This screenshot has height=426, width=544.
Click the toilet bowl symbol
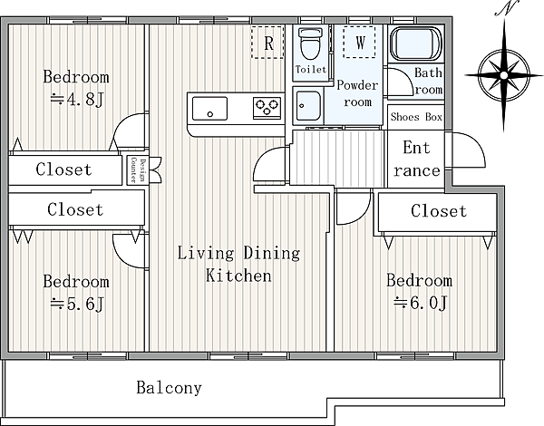point(310,44)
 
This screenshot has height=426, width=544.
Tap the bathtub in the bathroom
point(416,44)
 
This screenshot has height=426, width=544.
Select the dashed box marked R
point(267,43)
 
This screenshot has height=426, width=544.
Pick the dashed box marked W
point(359,42)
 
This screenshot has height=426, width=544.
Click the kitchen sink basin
point(210,109)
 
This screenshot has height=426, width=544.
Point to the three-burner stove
point(267,108)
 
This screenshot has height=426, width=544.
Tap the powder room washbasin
point(307,106)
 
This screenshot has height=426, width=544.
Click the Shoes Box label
point(416,117)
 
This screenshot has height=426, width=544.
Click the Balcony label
point(169,388)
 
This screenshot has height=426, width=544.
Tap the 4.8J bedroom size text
point(77,100)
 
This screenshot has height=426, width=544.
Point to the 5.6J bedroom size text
point(77,305)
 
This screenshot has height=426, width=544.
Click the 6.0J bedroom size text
point(420,303)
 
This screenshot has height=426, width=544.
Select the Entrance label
point(416,159)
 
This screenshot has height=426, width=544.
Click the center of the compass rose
point(504,75)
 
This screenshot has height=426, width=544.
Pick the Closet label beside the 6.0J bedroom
point(439,211)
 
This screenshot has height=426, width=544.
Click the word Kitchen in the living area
point(238,276)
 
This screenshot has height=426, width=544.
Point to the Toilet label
point(311,70)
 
